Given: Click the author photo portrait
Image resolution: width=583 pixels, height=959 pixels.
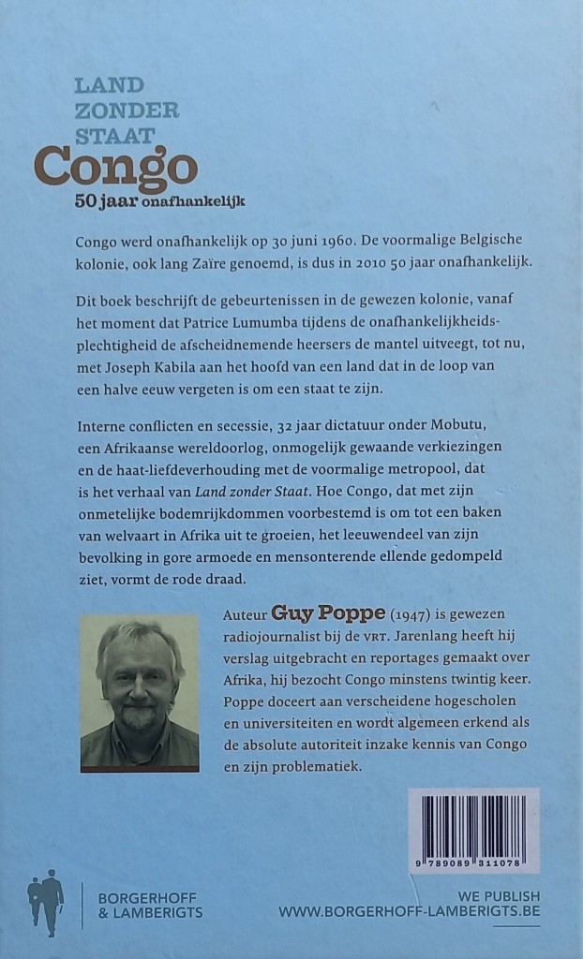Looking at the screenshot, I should point(140,691).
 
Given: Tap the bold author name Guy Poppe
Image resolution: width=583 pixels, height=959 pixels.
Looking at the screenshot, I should point(314,614).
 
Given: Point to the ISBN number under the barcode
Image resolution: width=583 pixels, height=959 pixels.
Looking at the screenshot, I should point(474,863).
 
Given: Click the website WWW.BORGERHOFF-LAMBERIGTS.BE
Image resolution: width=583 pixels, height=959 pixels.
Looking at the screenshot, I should point(409,911).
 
